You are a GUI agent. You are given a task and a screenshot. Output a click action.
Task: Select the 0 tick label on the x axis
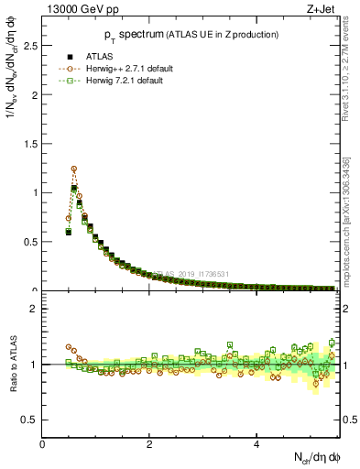pos(42,444)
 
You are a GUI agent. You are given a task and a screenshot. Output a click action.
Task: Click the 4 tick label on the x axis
pos(256,444)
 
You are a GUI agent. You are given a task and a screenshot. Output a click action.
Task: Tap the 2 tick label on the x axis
pos(149,444)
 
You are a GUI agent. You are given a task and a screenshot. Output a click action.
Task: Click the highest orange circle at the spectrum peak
pos(74,169)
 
